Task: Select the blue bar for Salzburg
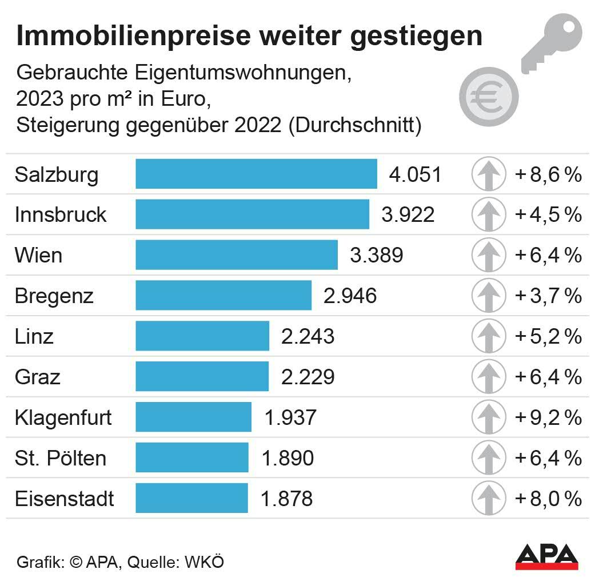256,174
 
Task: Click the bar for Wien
236,255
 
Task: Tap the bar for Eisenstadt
191,498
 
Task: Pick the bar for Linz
202,336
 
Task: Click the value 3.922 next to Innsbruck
408,215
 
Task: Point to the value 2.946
350,296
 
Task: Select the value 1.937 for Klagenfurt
290,417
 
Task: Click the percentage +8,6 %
548,174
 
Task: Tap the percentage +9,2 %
548,417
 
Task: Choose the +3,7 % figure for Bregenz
548,296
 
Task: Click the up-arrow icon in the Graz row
489,377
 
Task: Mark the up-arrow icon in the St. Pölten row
489,458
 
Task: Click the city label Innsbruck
61,215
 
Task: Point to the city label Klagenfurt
63,417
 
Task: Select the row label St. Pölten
61,458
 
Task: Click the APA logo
546,556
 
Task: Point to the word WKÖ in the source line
204,562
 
